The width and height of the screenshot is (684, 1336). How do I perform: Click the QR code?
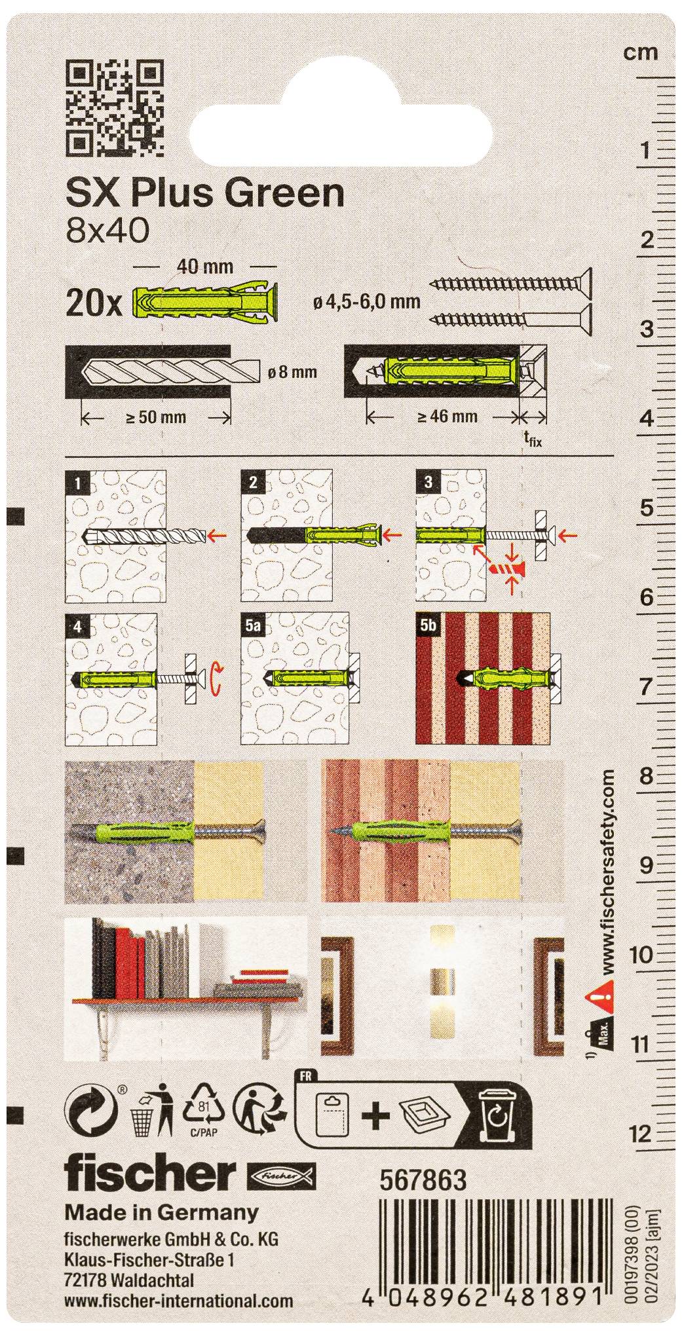coord(115,108)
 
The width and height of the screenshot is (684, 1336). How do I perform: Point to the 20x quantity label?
coord(94,304)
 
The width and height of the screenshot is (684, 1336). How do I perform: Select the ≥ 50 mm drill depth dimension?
coord(155,417)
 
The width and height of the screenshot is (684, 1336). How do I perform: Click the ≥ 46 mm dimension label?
coord(447,416)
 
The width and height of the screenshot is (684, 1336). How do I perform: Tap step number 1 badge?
coord(78,484)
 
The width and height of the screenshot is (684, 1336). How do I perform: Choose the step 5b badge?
coord(428,627)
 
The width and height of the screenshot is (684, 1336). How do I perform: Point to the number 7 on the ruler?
coord(647,687)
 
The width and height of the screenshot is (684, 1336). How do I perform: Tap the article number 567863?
coord(423,1180)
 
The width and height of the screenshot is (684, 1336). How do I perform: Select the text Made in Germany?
coord(161,1213)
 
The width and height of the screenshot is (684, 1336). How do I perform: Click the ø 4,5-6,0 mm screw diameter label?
coord(367,302)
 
